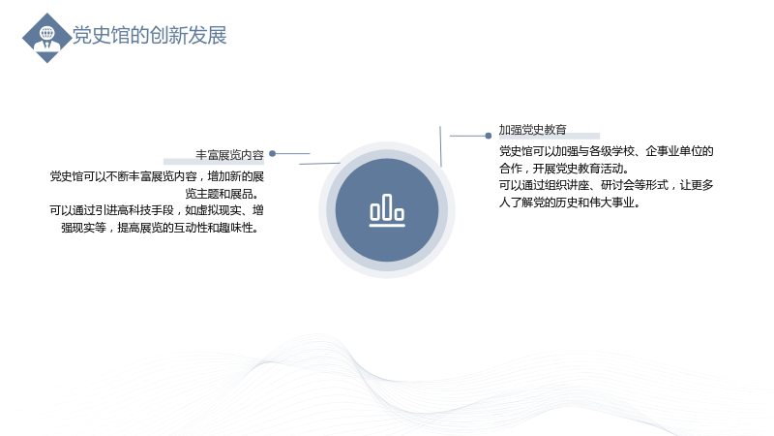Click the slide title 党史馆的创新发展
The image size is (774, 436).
point(150,36)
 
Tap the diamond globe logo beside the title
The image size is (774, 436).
point(46,38)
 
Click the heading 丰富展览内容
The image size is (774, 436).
point(229,155)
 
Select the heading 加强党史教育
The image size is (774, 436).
point(533,130)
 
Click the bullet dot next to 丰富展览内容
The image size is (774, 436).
point(272,154)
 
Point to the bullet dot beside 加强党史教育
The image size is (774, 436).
point(489,136)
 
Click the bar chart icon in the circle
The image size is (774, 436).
point(387,210)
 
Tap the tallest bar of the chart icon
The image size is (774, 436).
point(387,206)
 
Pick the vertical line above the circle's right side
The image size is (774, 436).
point(440,146)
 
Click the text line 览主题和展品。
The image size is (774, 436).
point(223,194)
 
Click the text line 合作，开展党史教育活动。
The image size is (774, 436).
point(565,169)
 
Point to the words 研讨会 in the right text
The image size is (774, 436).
point(617,185)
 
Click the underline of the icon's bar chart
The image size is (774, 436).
point(387,226)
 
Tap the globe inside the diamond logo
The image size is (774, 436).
point(47,33)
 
